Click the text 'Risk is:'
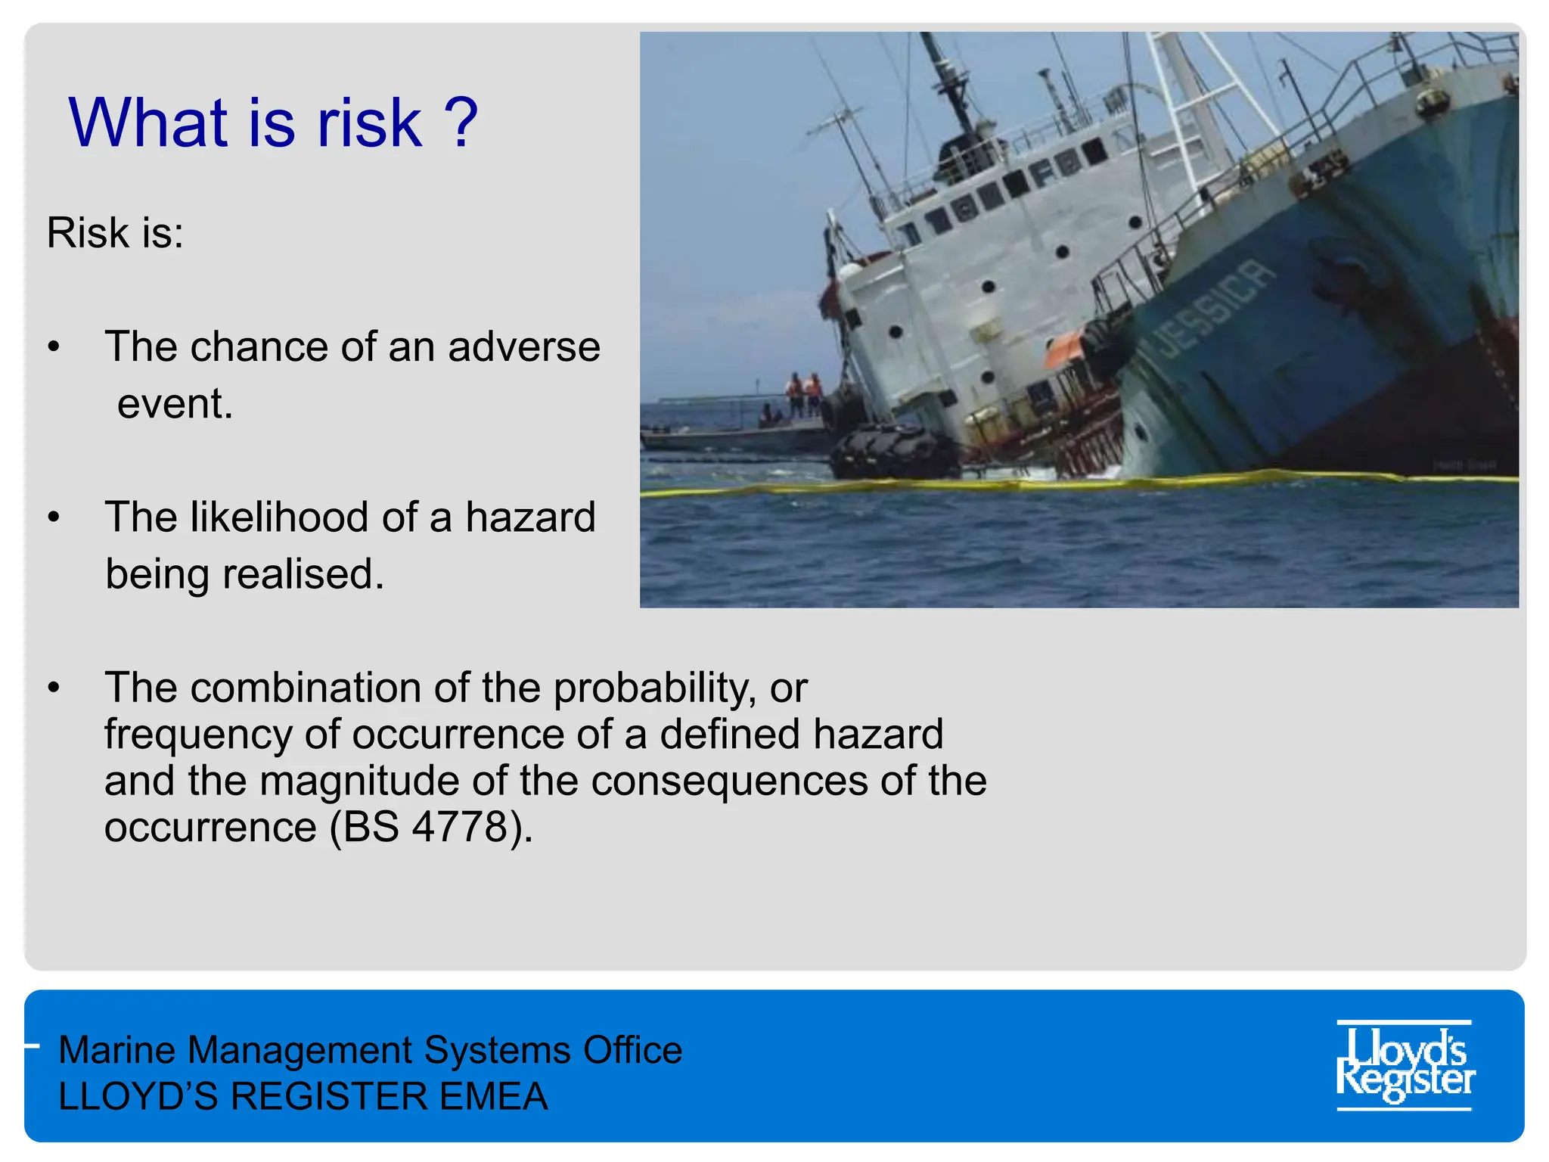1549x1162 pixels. (115, 232)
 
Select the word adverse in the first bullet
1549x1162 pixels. (523, 347)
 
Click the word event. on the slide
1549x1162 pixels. (175, 403)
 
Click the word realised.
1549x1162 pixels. (303, 574)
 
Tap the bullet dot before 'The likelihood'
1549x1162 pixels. (53, 518)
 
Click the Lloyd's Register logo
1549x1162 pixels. (1405, 1065)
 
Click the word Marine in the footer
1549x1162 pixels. (116, 1050)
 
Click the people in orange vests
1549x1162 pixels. (803, 393)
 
